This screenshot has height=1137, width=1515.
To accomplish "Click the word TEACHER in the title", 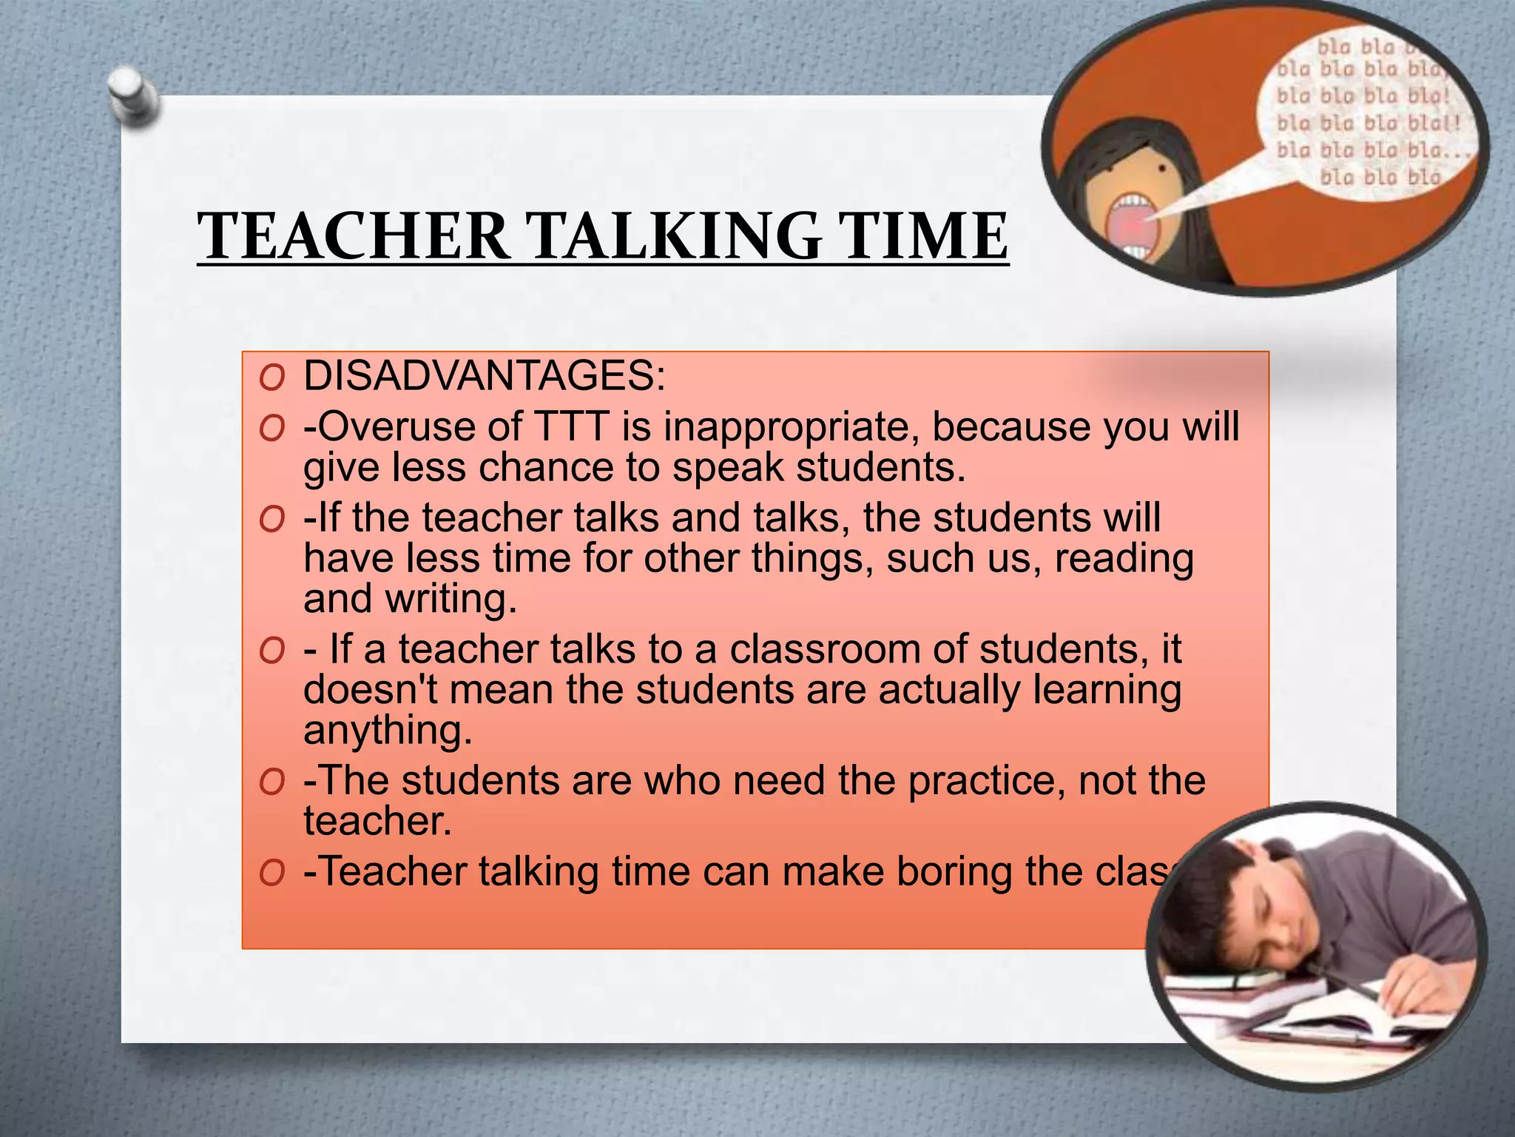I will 354,236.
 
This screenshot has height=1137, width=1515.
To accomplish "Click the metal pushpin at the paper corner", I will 133,96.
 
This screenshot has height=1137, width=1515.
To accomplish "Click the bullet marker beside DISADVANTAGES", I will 272,378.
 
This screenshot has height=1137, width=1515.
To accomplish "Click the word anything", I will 388,731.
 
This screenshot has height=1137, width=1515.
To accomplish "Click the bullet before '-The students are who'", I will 272,782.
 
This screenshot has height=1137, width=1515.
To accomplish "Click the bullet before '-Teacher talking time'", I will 272,873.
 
